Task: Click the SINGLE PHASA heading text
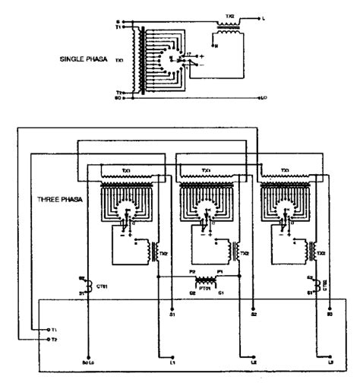tap(84, 59)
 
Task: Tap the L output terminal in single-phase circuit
tap(261, 16)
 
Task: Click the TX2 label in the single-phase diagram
tap(231, 16)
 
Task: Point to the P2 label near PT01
tap(192, 271)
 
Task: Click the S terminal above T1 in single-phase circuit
tap(117, 22)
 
